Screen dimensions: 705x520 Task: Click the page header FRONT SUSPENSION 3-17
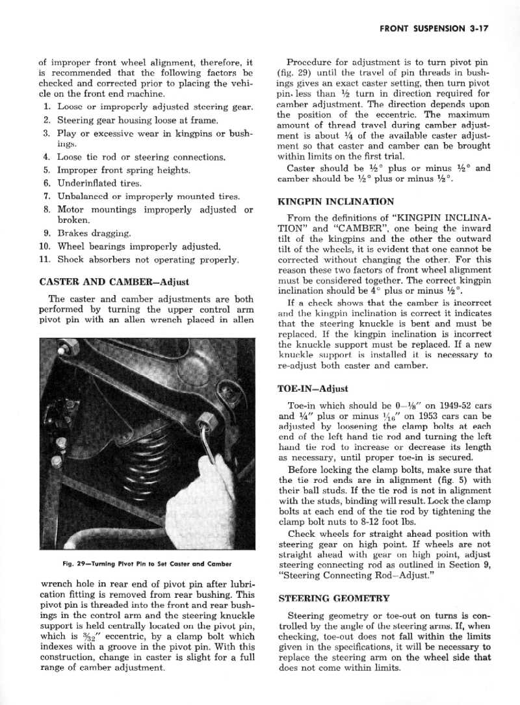tap(434, 29)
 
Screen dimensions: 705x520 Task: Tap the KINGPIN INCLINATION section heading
tap(335, 202)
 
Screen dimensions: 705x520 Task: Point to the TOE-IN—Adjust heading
tap(313, 389)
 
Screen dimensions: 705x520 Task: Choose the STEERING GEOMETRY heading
tap(333, 598)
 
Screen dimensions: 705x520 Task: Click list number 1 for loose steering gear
tap(47, 107)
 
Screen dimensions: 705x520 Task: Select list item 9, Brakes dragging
tap(94, 233)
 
